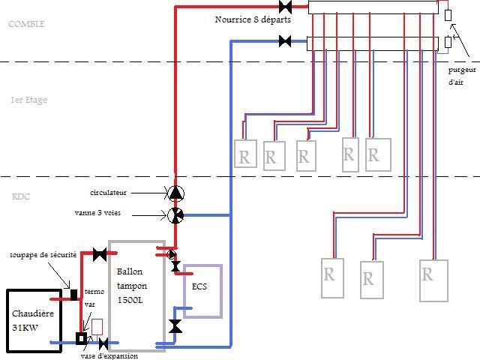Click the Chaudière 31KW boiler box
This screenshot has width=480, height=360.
point(34,320)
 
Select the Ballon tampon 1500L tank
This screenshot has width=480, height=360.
point(136,295)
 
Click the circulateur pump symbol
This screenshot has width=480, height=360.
point(175,193)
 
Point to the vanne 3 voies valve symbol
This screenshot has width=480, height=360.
point(175,215)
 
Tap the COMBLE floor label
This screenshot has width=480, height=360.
point(26,24)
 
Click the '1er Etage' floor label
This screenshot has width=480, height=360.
point(28,100)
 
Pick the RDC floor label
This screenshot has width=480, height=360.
point(21,197)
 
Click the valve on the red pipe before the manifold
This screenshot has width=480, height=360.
point(285,7)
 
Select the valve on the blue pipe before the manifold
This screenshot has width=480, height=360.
point(285,42)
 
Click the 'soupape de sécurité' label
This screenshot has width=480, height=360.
point(43,256)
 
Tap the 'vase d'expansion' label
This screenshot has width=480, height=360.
point(109,355)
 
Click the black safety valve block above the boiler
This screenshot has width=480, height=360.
point(74,293)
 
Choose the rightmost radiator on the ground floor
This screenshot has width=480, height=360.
point(433,280)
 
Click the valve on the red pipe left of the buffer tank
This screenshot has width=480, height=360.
point(100,254)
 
